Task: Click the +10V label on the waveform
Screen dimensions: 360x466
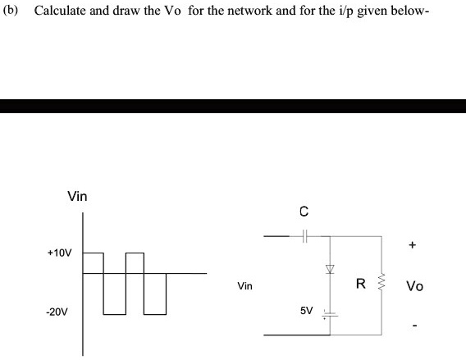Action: (x=59, y=253)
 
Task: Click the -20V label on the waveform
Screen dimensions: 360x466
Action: (x=58, y=312)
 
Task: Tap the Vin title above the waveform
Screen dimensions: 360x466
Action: (x=77, y=197)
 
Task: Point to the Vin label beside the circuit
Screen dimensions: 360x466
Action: (x=244, y=287)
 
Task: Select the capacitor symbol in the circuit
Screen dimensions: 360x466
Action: (x=304, y=236)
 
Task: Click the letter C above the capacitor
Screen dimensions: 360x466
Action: (x=304, y=212)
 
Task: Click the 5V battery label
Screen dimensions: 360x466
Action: (x=306, y=312)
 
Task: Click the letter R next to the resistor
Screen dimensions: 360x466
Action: (x=360, y=285)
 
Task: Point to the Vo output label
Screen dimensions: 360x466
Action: (x=414, y=286)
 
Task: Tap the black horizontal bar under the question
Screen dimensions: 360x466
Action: (x=233, y=106)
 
